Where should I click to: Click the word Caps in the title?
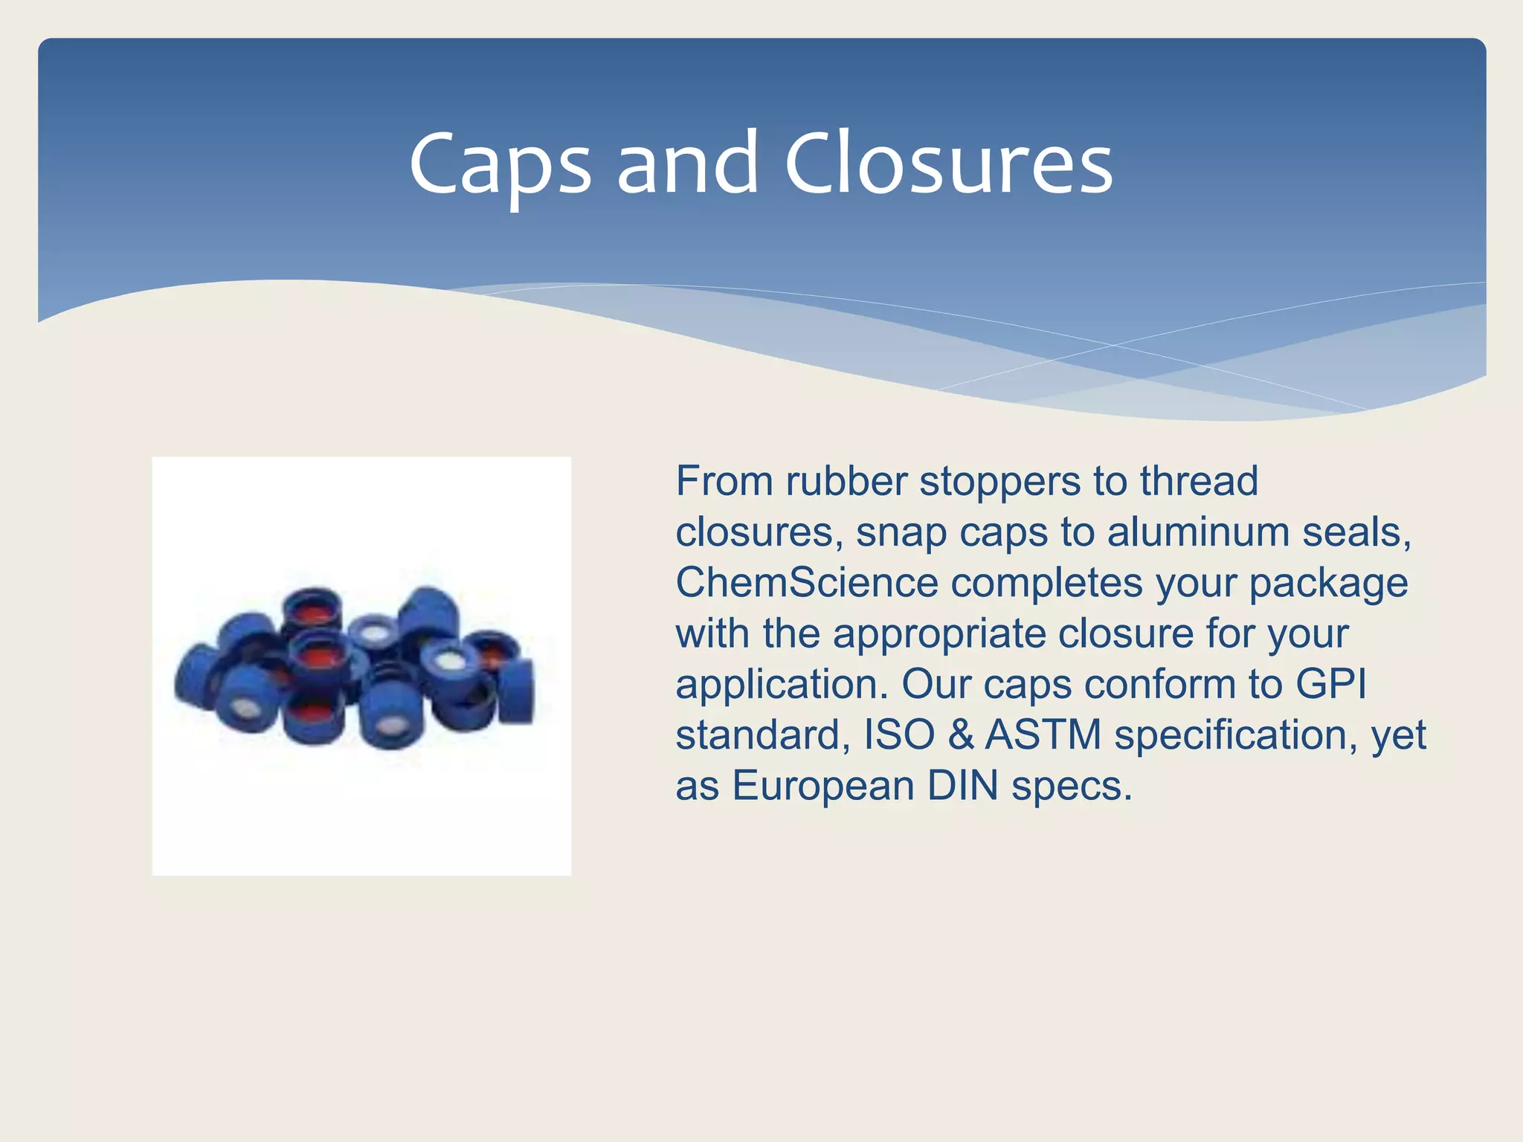tap(500, 165)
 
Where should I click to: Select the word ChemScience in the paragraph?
tap(807, 582)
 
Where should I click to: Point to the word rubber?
tap(846, 481)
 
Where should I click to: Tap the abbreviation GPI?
tap(1330, 684)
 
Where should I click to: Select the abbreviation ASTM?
tap(1043, 735)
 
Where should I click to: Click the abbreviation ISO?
tap(899, 735)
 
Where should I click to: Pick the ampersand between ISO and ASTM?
tap(960, 735)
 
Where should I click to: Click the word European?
tap(822, 786)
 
